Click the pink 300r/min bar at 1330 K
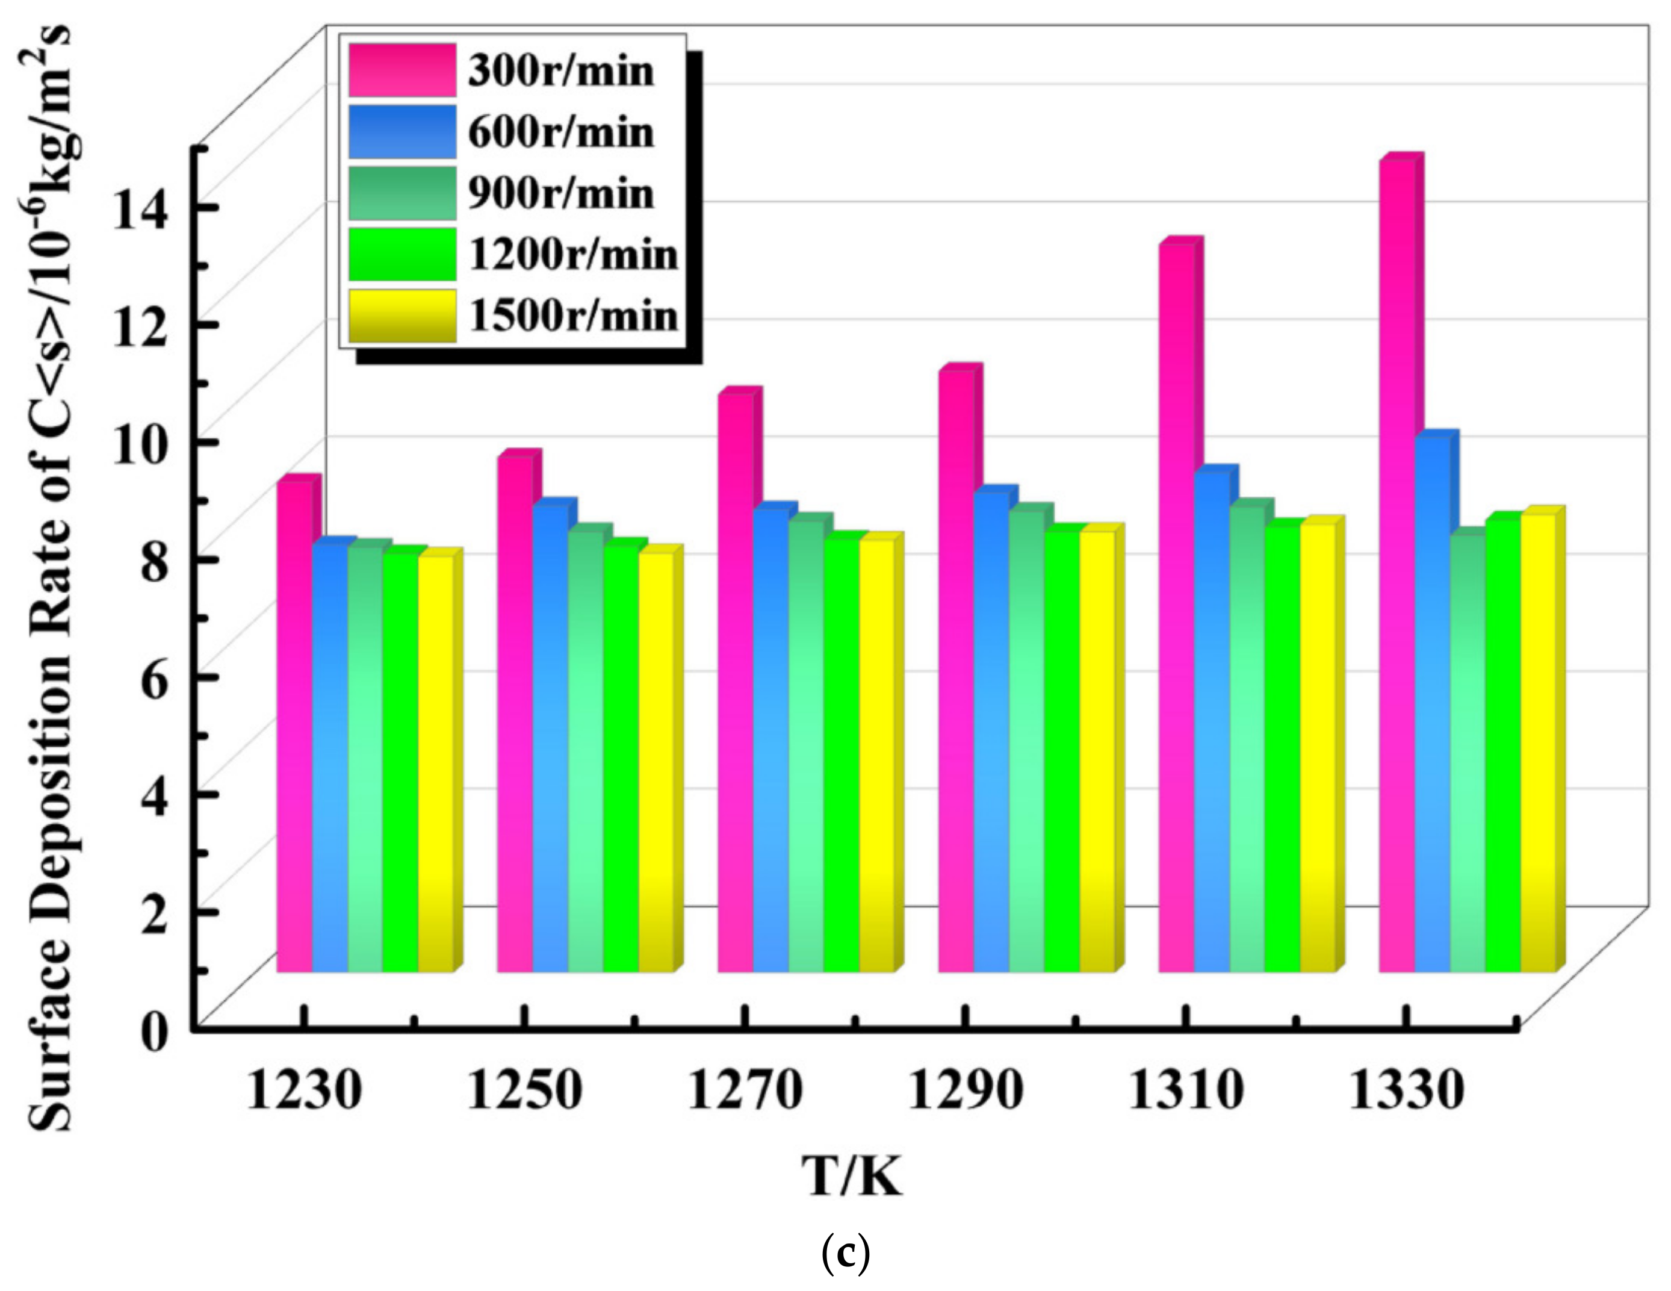[1397, 566]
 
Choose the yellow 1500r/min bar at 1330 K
[1539, 742]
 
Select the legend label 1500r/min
[573, 316]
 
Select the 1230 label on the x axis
[304, 1090]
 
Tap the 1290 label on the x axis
[966, 1090]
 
